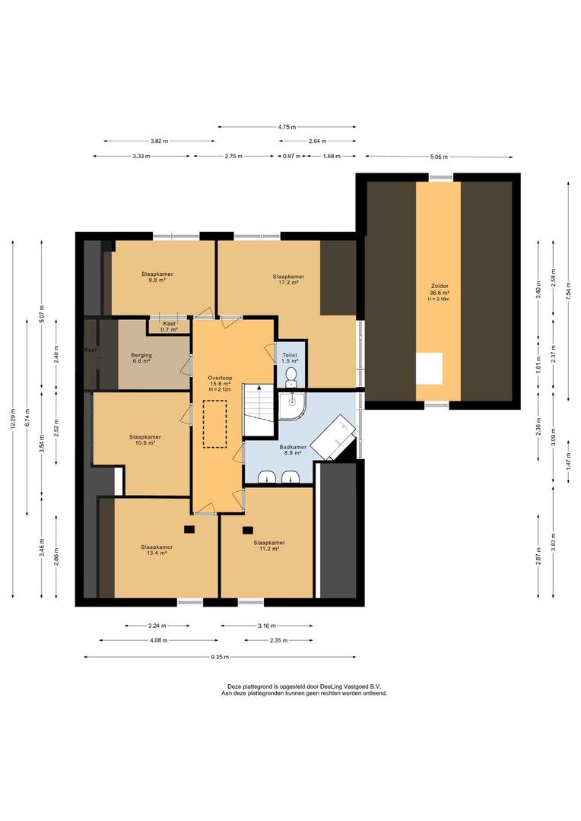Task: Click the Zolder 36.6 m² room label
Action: coord(440,290)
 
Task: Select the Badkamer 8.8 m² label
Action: coord(293,450)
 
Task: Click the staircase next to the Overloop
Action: coord(259,410)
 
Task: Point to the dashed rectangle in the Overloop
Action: coord(214,424)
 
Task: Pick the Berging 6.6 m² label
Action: coord(141,358)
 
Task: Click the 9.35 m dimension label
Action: coord(220,657)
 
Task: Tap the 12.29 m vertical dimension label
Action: coord(13,418)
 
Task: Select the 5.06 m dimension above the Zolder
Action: coord(439,157)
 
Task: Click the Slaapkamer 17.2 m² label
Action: coord(288,279)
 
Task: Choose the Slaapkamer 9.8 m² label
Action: coord(157,277)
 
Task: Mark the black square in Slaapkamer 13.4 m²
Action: coord(189,529)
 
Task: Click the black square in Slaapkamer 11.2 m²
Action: coord(247,530)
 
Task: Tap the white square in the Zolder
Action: coord(429,369)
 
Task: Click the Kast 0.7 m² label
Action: coord(170,327)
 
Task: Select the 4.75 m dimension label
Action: coord(287,127)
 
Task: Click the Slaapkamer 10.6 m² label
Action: coord(145,439)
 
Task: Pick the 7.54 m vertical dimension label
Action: coord(568,291)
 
